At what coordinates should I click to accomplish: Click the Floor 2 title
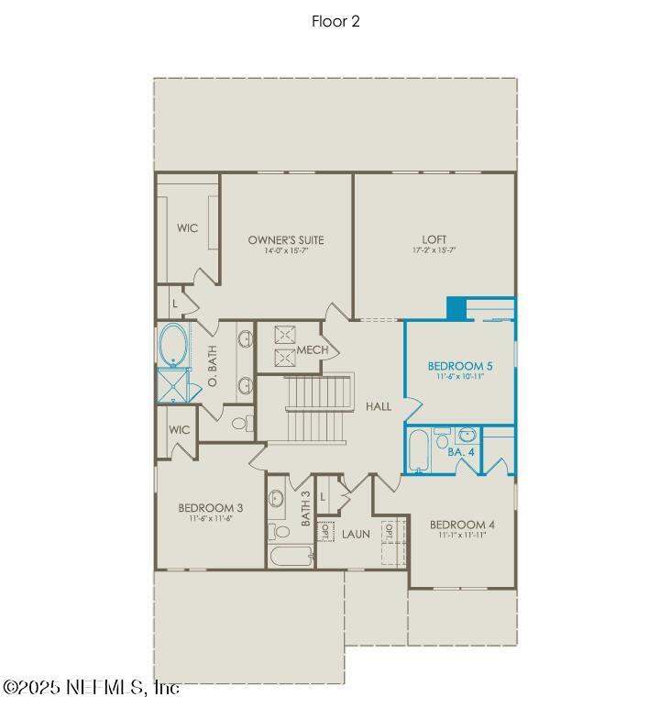pos(335,22)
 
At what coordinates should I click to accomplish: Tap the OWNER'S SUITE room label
pos(285,240)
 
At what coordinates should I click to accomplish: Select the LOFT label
pos(434,240)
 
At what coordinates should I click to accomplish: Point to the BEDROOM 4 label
pos(462,525)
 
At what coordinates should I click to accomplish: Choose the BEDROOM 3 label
pos(210,508)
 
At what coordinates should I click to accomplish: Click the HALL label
pos(379,406)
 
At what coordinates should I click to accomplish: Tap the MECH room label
pos(313,350)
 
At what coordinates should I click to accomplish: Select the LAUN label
pos(356,534)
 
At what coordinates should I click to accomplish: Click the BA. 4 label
pos(460,452)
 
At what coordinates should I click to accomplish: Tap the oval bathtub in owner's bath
pos(172,347)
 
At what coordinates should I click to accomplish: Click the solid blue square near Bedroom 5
pos(456,309)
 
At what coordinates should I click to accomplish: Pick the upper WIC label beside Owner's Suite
pos(187,228)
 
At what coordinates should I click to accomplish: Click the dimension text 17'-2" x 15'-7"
pos(434,250)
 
